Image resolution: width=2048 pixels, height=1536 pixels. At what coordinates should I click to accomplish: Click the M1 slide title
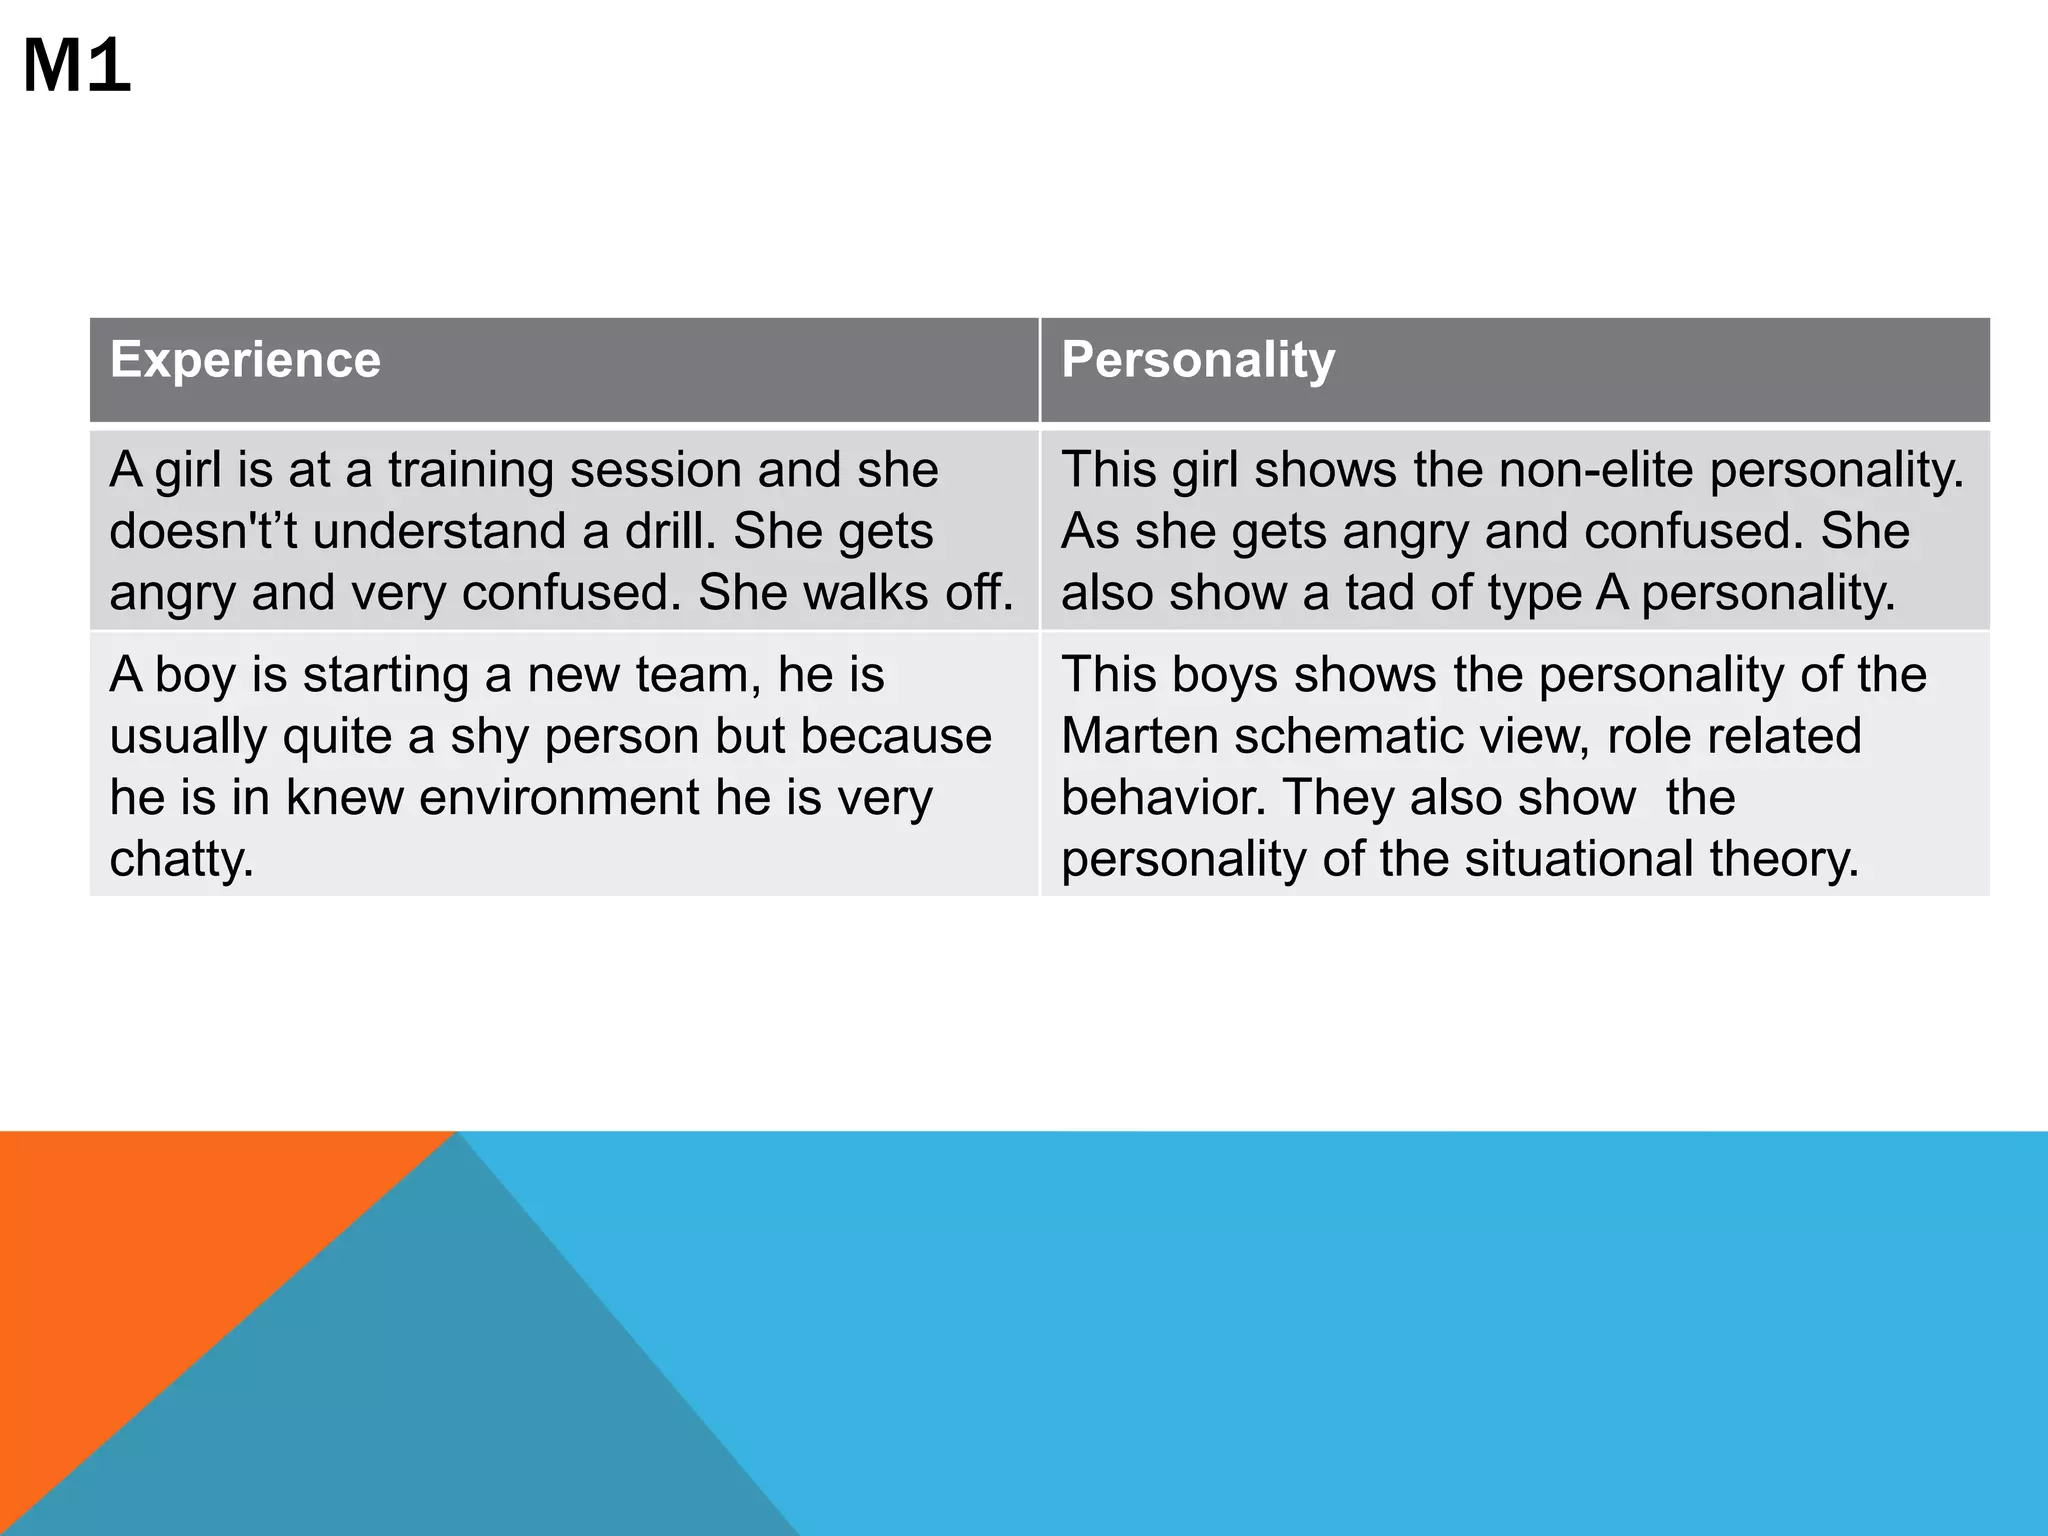[x=77, y=66]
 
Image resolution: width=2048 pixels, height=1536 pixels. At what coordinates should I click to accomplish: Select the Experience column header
[x=245, y=359]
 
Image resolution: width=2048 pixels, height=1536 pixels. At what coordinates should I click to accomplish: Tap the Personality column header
[x=1198, y=359]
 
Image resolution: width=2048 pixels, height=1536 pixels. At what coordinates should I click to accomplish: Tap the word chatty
[x=181, y=859]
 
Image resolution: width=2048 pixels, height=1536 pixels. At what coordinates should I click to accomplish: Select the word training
[x=469, y=470]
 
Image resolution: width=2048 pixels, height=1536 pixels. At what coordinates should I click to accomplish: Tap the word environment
[x=559, y=798]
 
